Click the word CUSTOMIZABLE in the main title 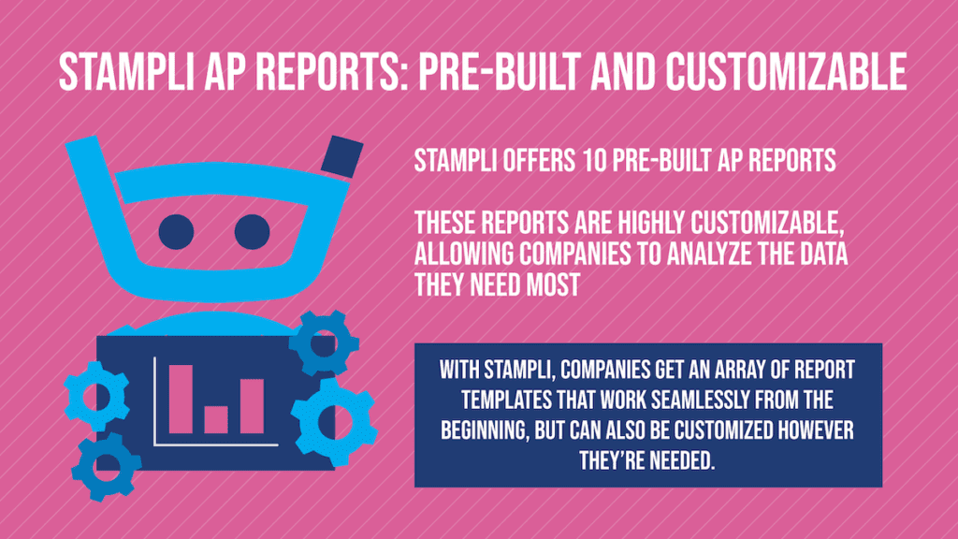pyautogui.click(x=786, y=71)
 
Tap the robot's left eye pyautogui.click(x=176, y=232)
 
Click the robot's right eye pyautogui.click(x=253, y=232)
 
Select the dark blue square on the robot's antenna pyautogui.click(x=342, y=157)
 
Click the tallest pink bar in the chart pyautogui.click(x=181, y=399)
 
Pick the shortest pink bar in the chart pyautogui.click(x=216, y=420)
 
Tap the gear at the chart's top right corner pyautogui.click(x=323, y=342)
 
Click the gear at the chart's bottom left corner pyautogui.click(x=106, y=466)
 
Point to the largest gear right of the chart pyautogui.click(x=334, y=422)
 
